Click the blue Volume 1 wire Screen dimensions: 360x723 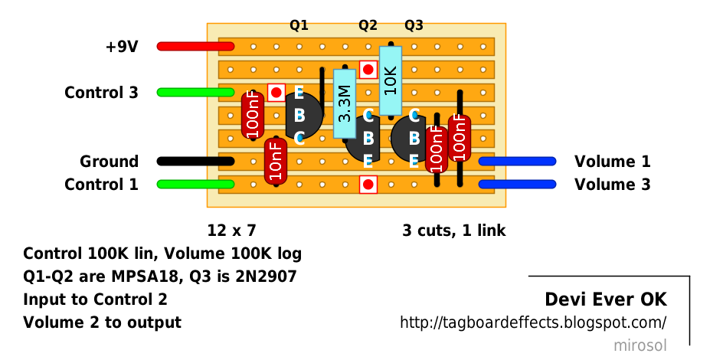tap(517, 162)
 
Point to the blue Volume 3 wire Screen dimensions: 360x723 tap(517, 185)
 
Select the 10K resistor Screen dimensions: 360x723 tap(391, 80)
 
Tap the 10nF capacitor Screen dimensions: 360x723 tap(275, 162)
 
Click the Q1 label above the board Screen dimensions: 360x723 tap(299, 25)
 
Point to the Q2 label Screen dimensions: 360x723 tap(368, 25)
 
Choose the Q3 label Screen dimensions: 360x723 tap(414, 25)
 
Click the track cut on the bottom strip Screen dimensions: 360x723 tap(368, 185)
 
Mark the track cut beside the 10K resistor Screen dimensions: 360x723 tap(368, 70)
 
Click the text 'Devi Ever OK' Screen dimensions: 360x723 tap(605, 299)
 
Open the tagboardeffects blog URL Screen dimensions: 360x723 tap(533, 322)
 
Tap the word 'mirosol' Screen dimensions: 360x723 tap(640, 345)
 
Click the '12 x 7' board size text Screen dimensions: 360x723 tap(231, 230)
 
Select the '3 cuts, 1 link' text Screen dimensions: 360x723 tap(453, 230)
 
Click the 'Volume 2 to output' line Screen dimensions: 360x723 tap(102, 322)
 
